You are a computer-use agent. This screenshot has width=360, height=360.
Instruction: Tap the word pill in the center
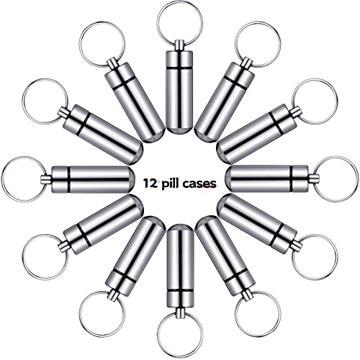pyautogui.click(x=170, y=184)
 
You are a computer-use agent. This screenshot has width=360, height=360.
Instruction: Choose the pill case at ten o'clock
pyautogui.click(x=103, y=135)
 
